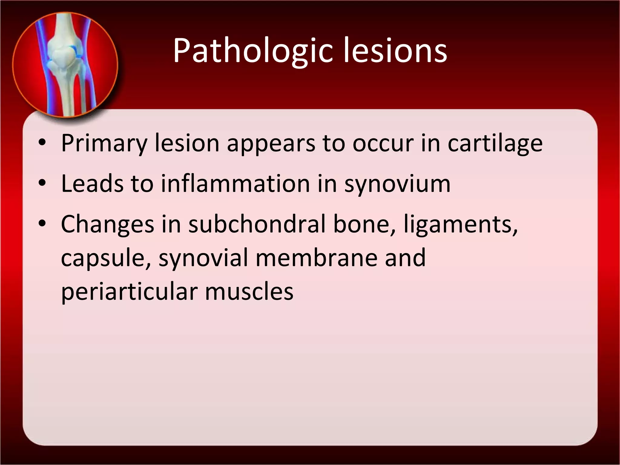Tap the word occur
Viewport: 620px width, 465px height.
(x=383, y=143)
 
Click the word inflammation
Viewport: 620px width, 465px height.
(x=235, y=183)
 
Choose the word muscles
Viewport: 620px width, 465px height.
(x=249, y=291)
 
